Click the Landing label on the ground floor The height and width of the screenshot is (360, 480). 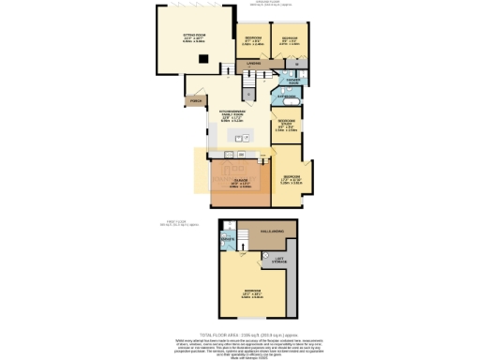coord(252,64)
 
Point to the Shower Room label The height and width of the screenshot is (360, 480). coord(292,80)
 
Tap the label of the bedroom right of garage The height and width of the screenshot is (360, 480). coord(292,179)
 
